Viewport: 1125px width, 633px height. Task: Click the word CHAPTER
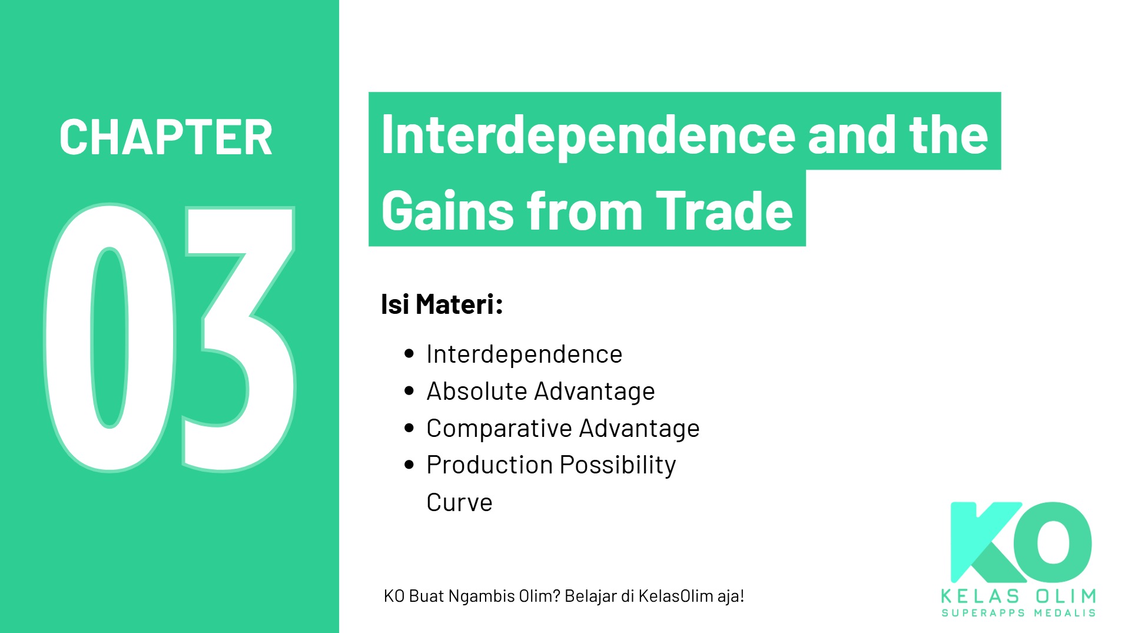pyautogui.click(x=165, y=138)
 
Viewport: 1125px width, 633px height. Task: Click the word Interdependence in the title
pyautogui.click(x=589, y=135)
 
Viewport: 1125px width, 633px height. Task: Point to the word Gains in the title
pyautogui.click(x=448, y=211)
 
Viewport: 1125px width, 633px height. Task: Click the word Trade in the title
pyautogui.click(x=724, y=211)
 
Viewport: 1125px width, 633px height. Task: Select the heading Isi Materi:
pyautogui.click(x=442, y=304)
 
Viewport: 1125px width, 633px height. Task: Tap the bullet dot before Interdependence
pyautogui.click(x=410, y=353)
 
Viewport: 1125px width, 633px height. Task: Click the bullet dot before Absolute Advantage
pyautogui.click(x=410, y=390)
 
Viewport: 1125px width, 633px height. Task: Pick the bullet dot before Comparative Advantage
pyautogui.click(x=410, y=427)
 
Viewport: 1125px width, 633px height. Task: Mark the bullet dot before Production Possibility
pyautogui.click(x=410, y=465)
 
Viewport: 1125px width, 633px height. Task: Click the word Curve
pyautogui.click(x=459, y=502)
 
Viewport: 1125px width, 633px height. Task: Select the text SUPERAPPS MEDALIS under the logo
pyautogui.click(x=1018, y=613)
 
